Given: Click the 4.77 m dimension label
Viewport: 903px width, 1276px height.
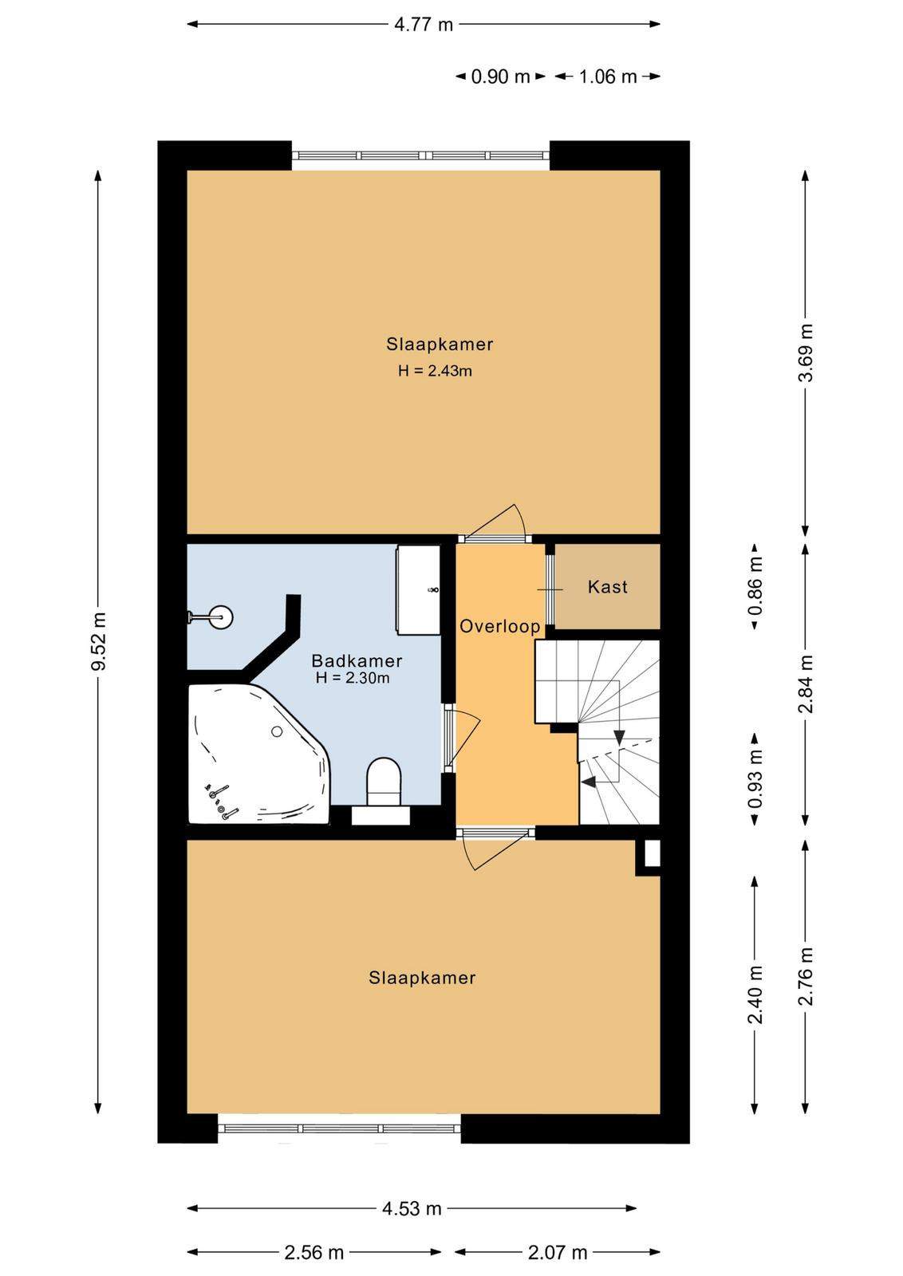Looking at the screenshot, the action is [424, 25].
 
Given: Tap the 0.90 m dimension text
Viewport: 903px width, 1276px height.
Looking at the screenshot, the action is [500, 77].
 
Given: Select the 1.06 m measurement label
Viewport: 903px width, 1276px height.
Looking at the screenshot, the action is [608, 77].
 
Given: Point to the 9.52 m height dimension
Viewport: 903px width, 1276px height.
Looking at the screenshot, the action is [99, 641].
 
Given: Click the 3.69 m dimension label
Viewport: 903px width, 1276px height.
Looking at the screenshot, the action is [806, 352].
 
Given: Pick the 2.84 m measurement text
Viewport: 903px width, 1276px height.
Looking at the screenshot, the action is [806, 683].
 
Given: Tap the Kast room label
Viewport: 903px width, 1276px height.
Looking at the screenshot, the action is [607, 587].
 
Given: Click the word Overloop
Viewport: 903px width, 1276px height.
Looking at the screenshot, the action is [499, 627].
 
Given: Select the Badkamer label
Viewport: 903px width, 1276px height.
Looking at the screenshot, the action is [357, 661].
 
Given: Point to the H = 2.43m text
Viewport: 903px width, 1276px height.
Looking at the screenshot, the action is [435, 371].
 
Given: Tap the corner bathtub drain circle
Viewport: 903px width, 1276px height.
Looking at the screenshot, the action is [277, 731].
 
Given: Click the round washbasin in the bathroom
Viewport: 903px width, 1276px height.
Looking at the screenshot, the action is [220, 616].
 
